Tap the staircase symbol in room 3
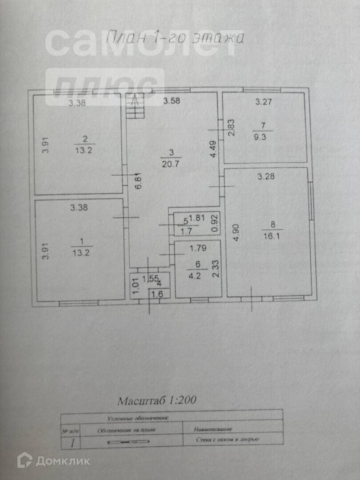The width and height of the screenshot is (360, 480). tap(135, 106)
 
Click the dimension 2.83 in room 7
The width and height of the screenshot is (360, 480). tap(231, 128)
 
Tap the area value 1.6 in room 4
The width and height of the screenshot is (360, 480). tap(157, 294)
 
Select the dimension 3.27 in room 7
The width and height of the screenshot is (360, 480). tap(263, 102)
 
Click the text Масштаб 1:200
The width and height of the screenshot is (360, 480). tap(156, 400)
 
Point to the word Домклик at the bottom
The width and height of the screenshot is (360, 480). tap(63, 461)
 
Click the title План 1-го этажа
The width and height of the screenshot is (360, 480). tap(175, 38)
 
